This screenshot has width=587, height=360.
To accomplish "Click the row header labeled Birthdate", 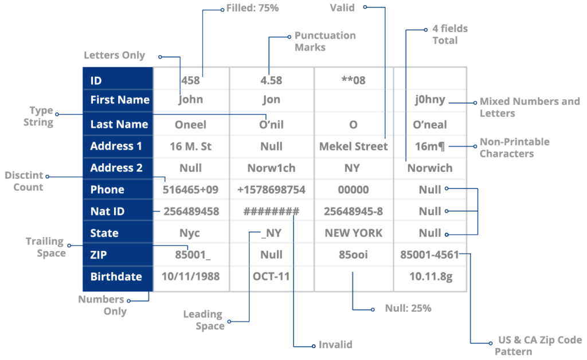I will point(116,277).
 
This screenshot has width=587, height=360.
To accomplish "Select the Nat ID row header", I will point(108,212).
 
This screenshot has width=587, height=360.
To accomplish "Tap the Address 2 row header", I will point(116,168).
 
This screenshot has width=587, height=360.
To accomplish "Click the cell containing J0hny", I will point(430,100).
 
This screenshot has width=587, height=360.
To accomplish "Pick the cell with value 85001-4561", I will point(430,255).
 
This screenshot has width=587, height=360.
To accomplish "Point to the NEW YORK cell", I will point(354,233).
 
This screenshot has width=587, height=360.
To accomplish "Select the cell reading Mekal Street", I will point(354,146).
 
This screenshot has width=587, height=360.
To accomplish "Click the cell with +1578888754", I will point(272,190).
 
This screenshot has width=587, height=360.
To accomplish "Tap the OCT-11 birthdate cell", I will point(272,277).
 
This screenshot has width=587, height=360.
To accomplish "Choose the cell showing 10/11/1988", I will point(191,277).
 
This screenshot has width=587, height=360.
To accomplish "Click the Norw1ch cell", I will point(272,168).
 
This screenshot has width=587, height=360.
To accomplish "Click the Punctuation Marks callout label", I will point(325,41).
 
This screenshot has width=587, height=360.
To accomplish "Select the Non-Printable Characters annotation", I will point(514,147).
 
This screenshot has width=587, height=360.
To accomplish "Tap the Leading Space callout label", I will point(203,320).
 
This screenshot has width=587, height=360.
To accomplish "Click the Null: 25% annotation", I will point(408,308).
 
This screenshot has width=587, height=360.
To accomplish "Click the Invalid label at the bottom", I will point(335,345).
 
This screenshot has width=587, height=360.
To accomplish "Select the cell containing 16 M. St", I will point(191,146).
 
